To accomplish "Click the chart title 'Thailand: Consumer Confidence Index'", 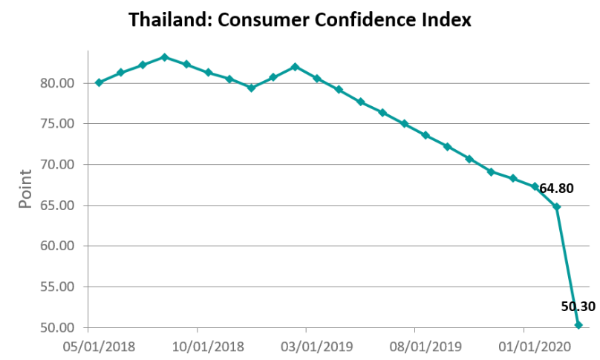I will tap(299, 20).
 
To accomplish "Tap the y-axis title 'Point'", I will tap(25, 189).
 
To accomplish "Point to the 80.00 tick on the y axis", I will tap(60, 83).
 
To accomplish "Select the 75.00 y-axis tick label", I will tap(60, 124).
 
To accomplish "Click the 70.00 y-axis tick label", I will tap(60, 165).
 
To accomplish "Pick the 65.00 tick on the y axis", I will tap(60, 206).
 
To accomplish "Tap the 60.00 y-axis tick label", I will tap(60, 246).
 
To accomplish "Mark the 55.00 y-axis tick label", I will tap(60, 287).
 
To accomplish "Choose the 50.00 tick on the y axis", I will tap(60, 327).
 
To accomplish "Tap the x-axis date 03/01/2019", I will tap(306, 347).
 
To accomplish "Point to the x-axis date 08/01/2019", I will tap(414, 347).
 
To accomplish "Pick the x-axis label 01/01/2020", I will tap(524, 347).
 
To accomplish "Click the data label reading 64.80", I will tap(556, 189).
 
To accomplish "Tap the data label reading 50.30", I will tap(578, 306).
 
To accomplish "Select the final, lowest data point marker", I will tap(578, 324).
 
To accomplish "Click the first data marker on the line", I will tap(99, 82).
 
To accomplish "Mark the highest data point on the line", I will tap(164, 57).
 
